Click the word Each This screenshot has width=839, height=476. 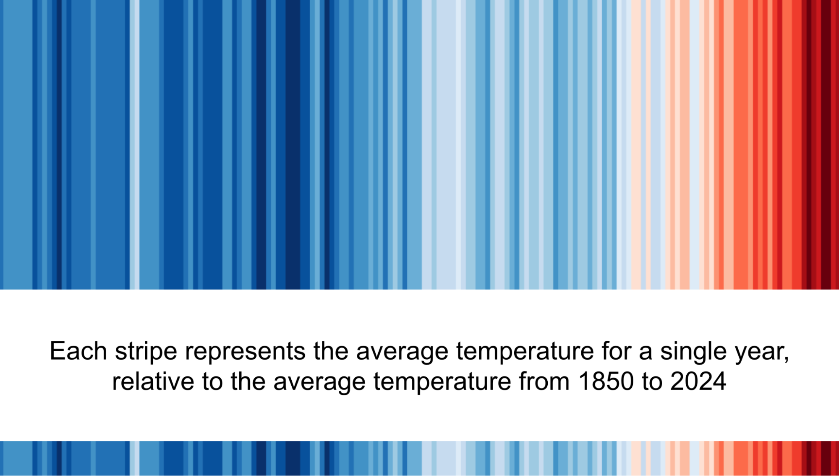click(x=78, y=351)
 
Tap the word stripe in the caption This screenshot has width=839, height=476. click(x=146, y=352)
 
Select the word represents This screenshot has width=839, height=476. click(x=245, y=352)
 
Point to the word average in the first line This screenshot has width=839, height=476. click(x=402, y=352)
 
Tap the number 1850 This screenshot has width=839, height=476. click(x=606, y=381)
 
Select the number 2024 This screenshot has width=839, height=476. click(x=698, y=381)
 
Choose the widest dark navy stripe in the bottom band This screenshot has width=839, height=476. click(x=293, y=458)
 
